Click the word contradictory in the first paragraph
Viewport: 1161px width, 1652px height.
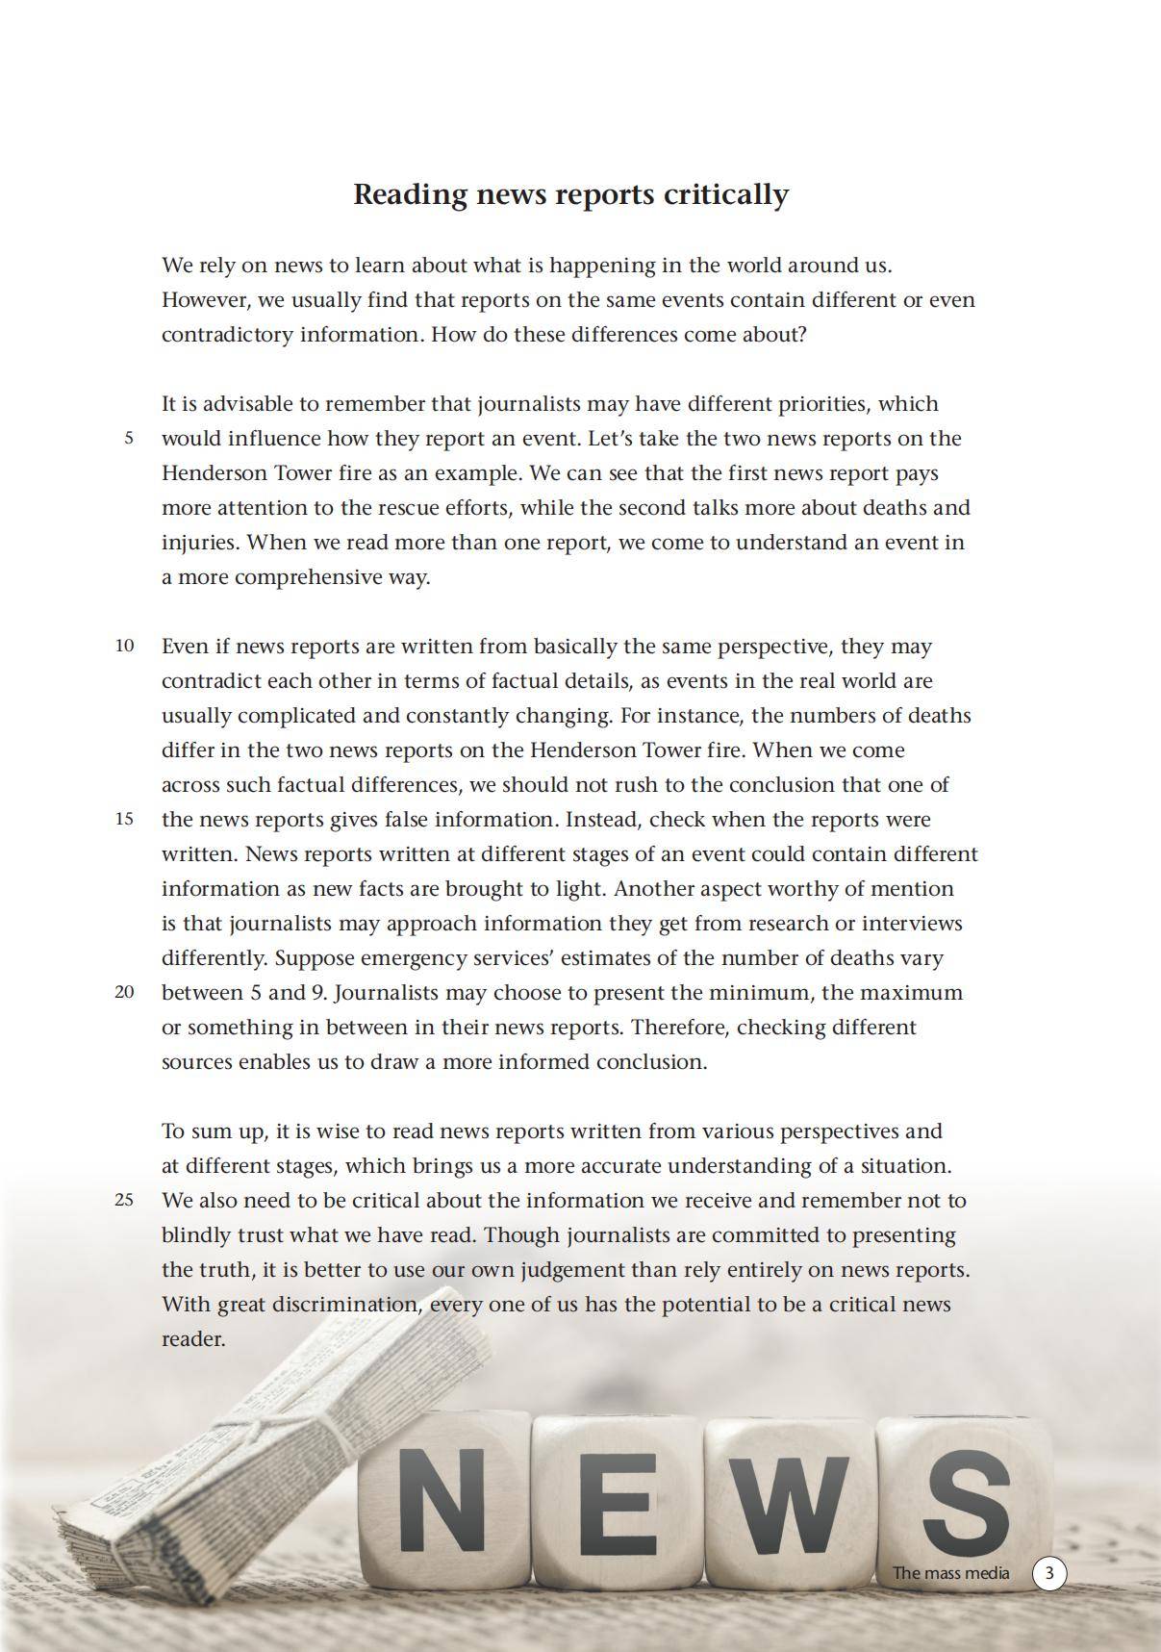pyautogui.click(x=227, y=335)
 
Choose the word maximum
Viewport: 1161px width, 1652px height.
pyautogui.click(x=910, y=993)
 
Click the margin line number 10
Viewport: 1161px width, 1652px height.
pyautogui.click(x=125, y=647)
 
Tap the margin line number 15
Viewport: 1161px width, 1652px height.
pyautogui.click(x=125, y=820)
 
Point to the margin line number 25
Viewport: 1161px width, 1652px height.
pyautogui.click(x=125, y=1201)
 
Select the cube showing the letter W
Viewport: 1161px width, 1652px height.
pyautogui.click(x=789, y=1501)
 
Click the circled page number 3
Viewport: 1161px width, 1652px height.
pyautogui.click(x=1049, y=1573)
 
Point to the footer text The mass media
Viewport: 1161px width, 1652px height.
pyautogui.click(x=950, y=1573)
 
